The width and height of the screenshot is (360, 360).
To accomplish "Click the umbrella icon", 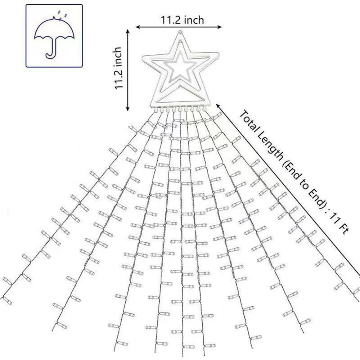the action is point(54,37).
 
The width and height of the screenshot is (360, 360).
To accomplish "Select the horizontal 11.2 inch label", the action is point(182,20).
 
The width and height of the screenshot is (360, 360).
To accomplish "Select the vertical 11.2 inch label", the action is point(118,68).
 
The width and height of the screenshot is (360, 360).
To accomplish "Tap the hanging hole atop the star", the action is point(181,32).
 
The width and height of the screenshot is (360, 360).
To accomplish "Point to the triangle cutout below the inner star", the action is point(181,94).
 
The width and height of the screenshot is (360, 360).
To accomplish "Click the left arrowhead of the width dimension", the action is point(138,27).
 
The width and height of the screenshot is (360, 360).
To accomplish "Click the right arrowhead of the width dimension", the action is point(220,27).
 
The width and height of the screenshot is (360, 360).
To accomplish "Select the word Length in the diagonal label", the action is point(270,147).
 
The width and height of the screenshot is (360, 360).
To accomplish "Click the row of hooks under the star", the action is point(180,109).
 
